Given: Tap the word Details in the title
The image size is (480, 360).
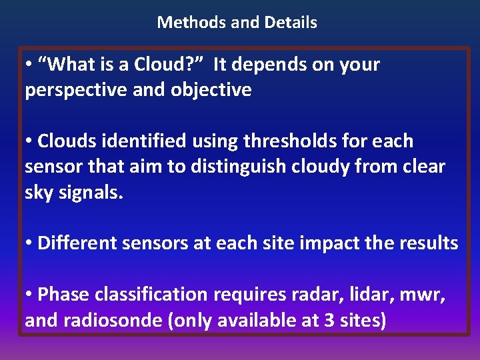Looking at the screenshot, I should [x=291, y=22].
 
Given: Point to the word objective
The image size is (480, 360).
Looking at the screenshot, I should [x=211, y=90].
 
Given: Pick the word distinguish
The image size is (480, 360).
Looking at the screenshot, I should [x=242, y=167].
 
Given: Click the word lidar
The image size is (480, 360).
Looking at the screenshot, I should [x=365, y=294].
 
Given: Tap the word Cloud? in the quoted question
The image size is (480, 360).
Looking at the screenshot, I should [x=160, y=65].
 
